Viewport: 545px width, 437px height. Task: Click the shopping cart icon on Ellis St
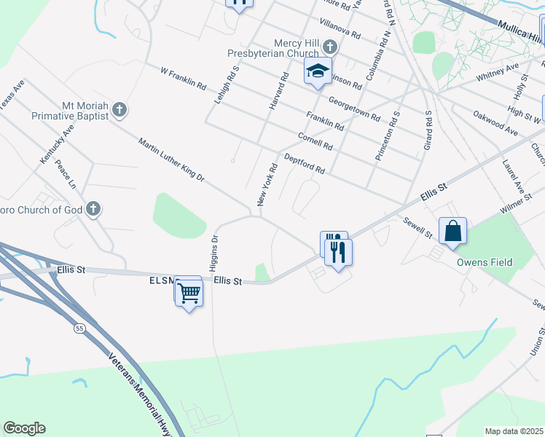coord(189,293)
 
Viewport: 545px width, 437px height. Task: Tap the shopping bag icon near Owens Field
coord(452,230)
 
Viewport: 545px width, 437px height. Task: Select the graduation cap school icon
coord(318,71)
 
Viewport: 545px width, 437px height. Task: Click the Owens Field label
coord(484,262)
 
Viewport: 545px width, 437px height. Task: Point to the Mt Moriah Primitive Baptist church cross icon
coord(119,111)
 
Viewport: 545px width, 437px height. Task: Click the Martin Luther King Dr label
coord(171,155)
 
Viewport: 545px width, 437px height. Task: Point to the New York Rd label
coord(267,184)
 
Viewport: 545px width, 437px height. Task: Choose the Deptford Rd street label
coord(304,163)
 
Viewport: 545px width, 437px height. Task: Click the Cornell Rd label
coord(315,141)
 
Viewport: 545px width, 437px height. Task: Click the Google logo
coord(24,428)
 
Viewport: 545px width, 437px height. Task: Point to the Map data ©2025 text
coord(514,431)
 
